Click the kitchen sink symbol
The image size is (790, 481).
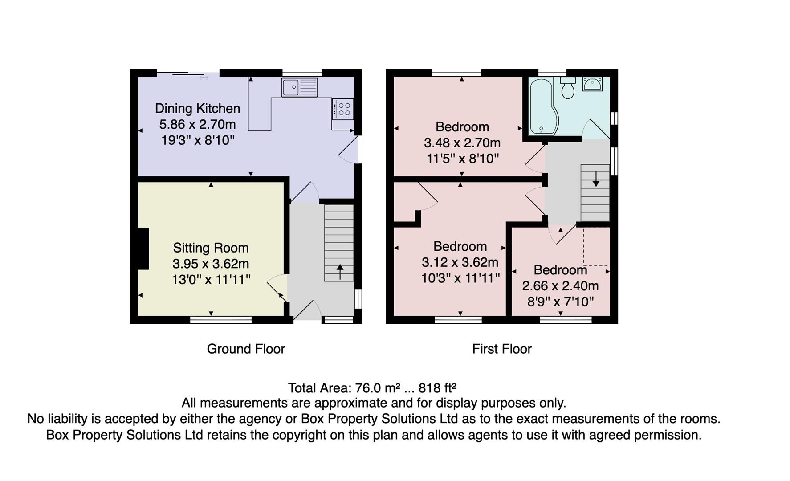300,87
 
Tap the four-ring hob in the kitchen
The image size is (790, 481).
343,109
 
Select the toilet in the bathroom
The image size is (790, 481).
567,88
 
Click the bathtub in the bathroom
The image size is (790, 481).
541,106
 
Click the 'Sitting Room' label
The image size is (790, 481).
211,248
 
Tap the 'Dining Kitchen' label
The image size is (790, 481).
197,108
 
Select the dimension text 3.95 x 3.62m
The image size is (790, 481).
211,264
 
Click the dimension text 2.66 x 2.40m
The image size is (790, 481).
560,286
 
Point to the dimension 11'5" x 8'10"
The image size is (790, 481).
462,159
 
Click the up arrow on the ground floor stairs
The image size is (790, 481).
340,272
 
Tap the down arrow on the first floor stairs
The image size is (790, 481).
596,179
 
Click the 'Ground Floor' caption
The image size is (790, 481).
246,349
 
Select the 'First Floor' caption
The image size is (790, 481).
502,349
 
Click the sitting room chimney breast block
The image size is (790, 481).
143,249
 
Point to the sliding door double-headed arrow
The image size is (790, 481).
204,78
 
